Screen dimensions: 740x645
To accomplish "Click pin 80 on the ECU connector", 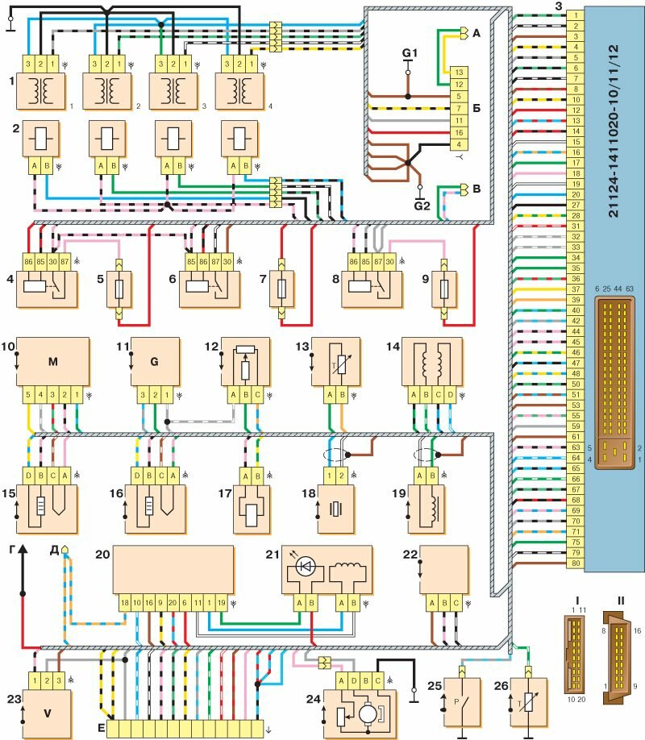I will click(x=575, y=563).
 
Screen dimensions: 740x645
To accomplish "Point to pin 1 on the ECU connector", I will click(x=575, y=15).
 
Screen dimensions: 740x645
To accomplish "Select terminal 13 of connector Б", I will click(x=457, y=72).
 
